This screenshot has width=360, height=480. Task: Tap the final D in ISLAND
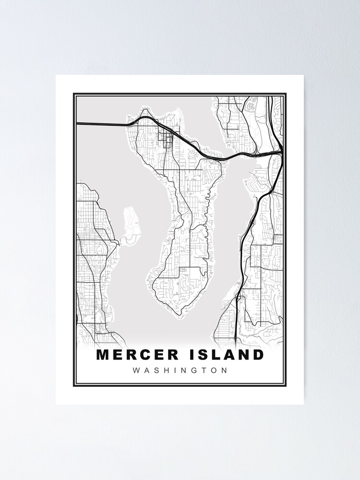[x=259, y=355]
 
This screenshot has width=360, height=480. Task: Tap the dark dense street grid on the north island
[x=168, y=139]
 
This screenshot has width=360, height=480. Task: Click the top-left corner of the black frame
[x=74, y=94]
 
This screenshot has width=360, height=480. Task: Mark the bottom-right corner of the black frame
[x=286, y=385]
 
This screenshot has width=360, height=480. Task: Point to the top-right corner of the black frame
[x=286, y=94]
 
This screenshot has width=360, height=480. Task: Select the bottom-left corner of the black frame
[x=74, y=385]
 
